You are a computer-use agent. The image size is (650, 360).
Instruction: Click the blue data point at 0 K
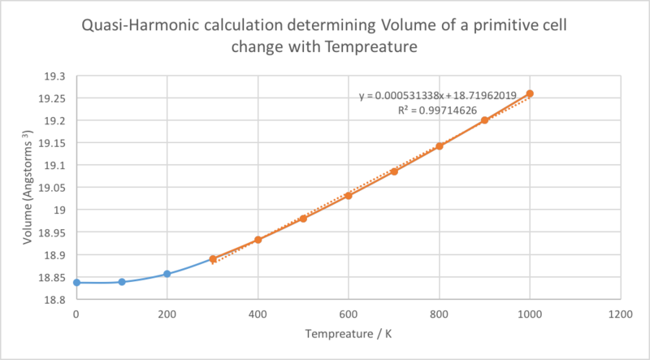pos(76,283)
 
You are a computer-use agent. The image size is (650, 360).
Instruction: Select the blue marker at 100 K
pos(122,282)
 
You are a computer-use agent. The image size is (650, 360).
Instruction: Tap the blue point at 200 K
pos(167,274)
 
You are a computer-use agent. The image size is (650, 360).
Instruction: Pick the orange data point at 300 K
pos(213,259)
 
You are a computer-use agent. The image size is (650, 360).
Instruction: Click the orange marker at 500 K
pos(303,219)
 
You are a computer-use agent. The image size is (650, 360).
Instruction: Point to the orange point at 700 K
pos(394,171)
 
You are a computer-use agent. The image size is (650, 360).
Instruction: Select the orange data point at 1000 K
pos(530,93)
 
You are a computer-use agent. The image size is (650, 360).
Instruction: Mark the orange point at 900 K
pos(484,120)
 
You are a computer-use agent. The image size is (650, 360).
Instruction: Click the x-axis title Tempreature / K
pos(349,335)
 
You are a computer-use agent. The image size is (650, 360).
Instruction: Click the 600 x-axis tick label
pos(349,313)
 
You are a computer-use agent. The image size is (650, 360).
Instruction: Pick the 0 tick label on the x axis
pos(76,313)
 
